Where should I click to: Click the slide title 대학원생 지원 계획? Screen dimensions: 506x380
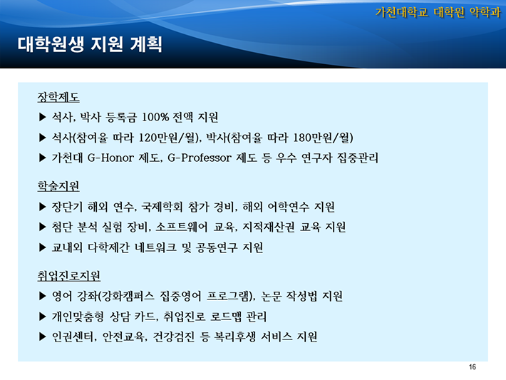[x=90, y=44]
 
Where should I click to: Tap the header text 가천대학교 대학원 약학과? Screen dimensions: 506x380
[x=438, y=13]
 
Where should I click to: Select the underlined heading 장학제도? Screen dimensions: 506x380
[x=58, y=97]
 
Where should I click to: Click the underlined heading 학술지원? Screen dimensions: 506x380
[x=58, y=186]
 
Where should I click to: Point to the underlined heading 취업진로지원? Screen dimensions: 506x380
[x=69, y=275]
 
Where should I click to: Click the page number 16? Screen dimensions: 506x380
[x=472, y=367]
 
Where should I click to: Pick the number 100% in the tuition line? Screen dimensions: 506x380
[x=155, y=117]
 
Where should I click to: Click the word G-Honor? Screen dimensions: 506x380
[x=110, y=158]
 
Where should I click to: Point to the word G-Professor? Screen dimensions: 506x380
[x=200, y=158]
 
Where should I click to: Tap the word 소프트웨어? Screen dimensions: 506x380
[x=181, y=227]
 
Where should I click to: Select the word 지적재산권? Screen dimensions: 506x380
[x=269, y=227]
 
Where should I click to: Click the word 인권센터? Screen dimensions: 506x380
[x=73, y=337]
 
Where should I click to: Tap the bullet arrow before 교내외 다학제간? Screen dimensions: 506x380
[x=43, y=247]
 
